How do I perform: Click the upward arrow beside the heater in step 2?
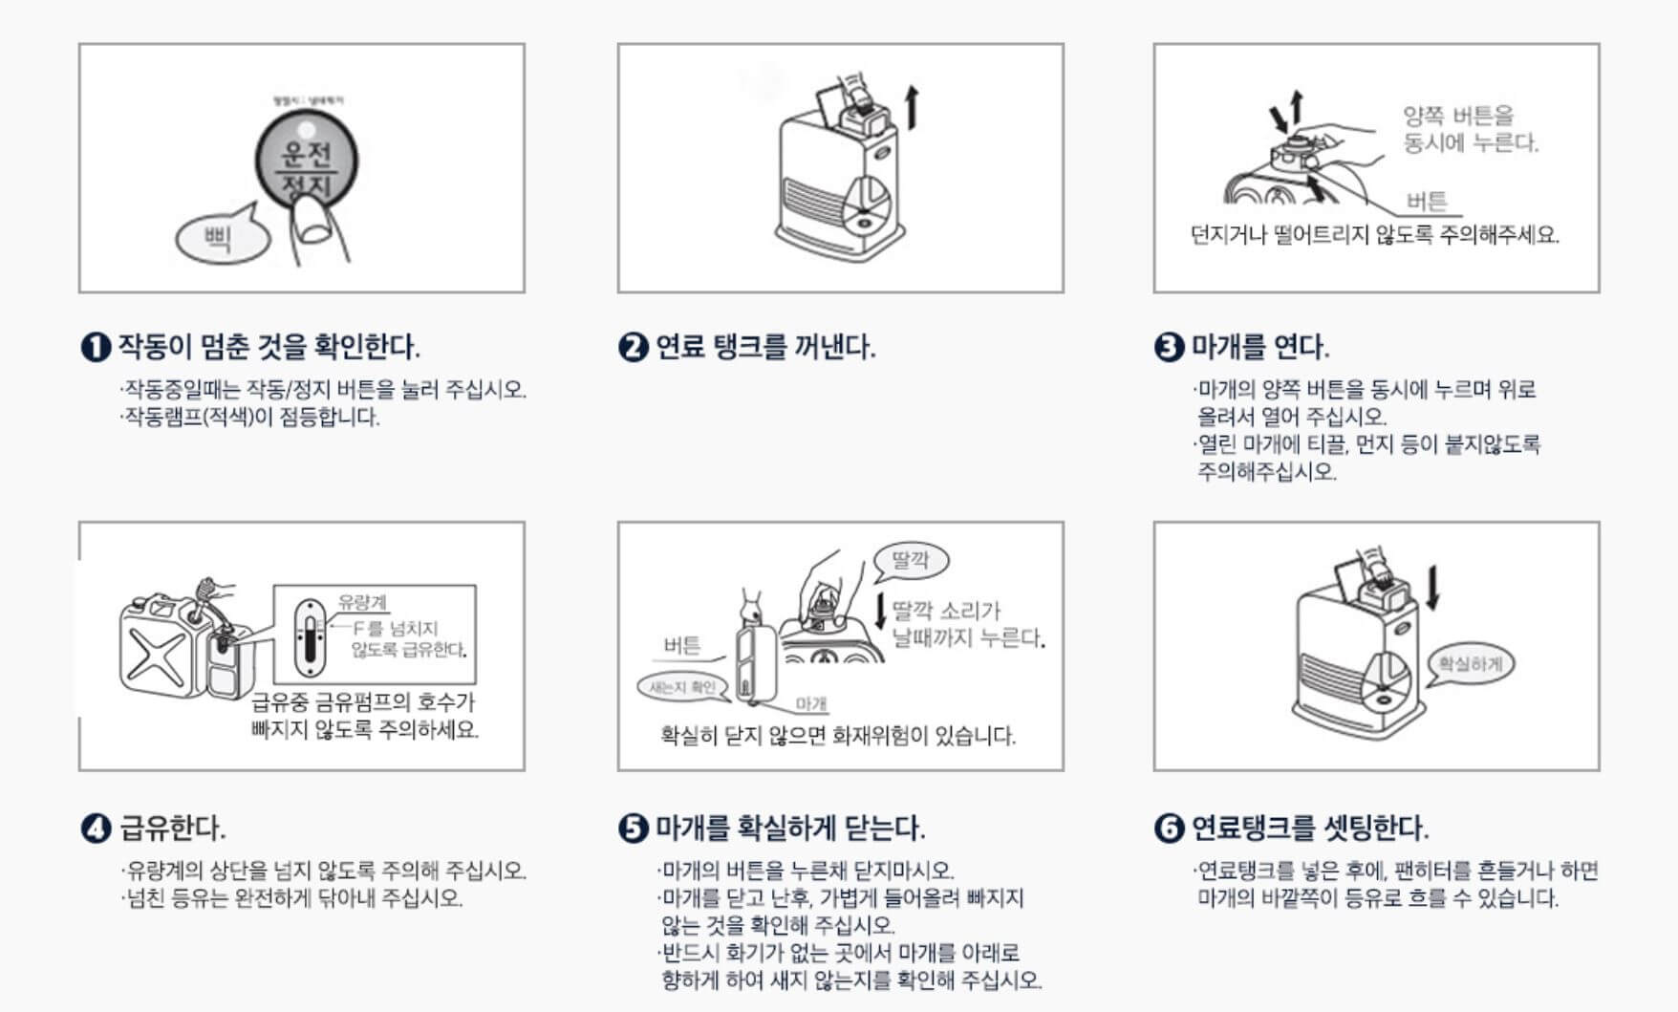tap(912, 106)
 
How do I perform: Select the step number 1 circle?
tap(96, 347)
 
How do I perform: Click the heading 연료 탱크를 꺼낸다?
tap(764, 347)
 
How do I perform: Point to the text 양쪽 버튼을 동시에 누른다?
tap(1470, 130)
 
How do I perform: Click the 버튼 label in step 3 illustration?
tap(1427, 201)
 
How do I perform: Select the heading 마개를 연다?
tap(1259, 347)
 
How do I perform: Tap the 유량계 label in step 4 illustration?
tap(362, 602)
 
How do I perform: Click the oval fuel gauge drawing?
tap(310, 638)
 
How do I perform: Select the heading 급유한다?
tap(172, 828)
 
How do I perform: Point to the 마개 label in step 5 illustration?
tap(811, 704)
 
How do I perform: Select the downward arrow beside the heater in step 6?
tap(1431, 588)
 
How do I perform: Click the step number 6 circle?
tap(1169, 828)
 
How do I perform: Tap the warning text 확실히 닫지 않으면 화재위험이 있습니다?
tap(838, 736)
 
